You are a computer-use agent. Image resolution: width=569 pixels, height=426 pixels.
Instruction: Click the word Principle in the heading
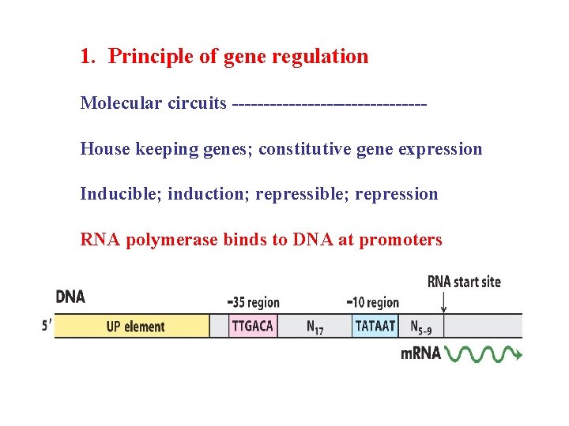pyautogui.click(x=149, y=57)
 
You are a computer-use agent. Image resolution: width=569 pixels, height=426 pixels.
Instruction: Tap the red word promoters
pyautogui.click(x=401, y=240)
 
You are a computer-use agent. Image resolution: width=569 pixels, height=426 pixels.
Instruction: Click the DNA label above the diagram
pyautogui.click(x=70, y=297)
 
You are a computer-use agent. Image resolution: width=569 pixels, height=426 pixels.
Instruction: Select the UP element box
pyautogui.click(x=135, y=327)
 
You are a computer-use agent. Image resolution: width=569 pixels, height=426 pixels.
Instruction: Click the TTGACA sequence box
pyautogui.click(x=252, y=326)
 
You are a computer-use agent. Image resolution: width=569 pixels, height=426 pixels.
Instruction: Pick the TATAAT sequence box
pyautogui.click(x=375, y=326)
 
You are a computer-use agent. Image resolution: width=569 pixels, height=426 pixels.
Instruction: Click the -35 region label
pyautogui.click(x=253, y=302)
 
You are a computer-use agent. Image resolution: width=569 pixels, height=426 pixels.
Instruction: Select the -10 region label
pyautogui.click(x=373, y=302)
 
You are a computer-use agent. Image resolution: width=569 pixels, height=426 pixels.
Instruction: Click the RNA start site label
pyautogui.click(x=464, y=282)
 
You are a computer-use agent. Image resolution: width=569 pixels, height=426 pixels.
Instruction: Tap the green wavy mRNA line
pyautogui.click(x=484, y=353)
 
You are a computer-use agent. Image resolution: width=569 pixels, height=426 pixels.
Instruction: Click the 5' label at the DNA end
pyautogui.click(x=47, y=325)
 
